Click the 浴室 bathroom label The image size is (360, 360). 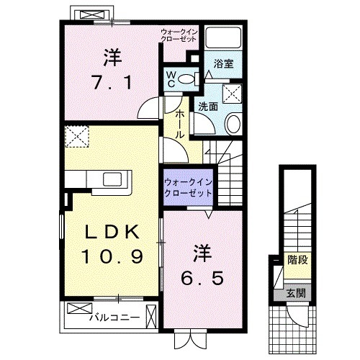pyautogui.click(x=223, y=63)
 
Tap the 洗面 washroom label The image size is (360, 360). pyautogui.click(x=208, y=107)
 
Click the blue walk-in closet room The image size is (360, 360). pyautogui.click(x=187, y=189)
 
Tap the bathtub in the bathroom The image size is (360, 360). pyautogui.click(x=223, y=40)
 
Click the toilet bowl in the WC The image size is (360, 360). pyautogui.click(x=188, y=79)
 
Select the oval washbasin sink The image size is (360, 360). pyautogui.click(x=235, y=125)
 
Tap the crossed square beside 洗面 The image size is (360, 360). pyautogui.click(x=231, y=93)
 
